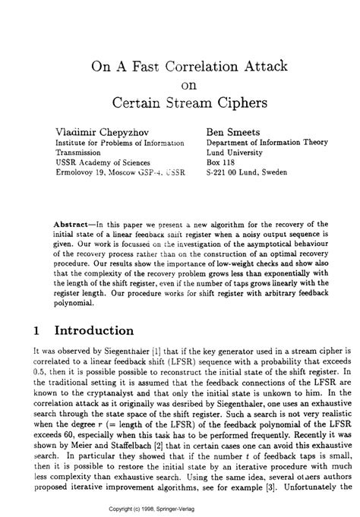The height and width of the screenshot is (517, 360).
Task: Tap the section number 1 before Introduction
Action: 36,331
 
